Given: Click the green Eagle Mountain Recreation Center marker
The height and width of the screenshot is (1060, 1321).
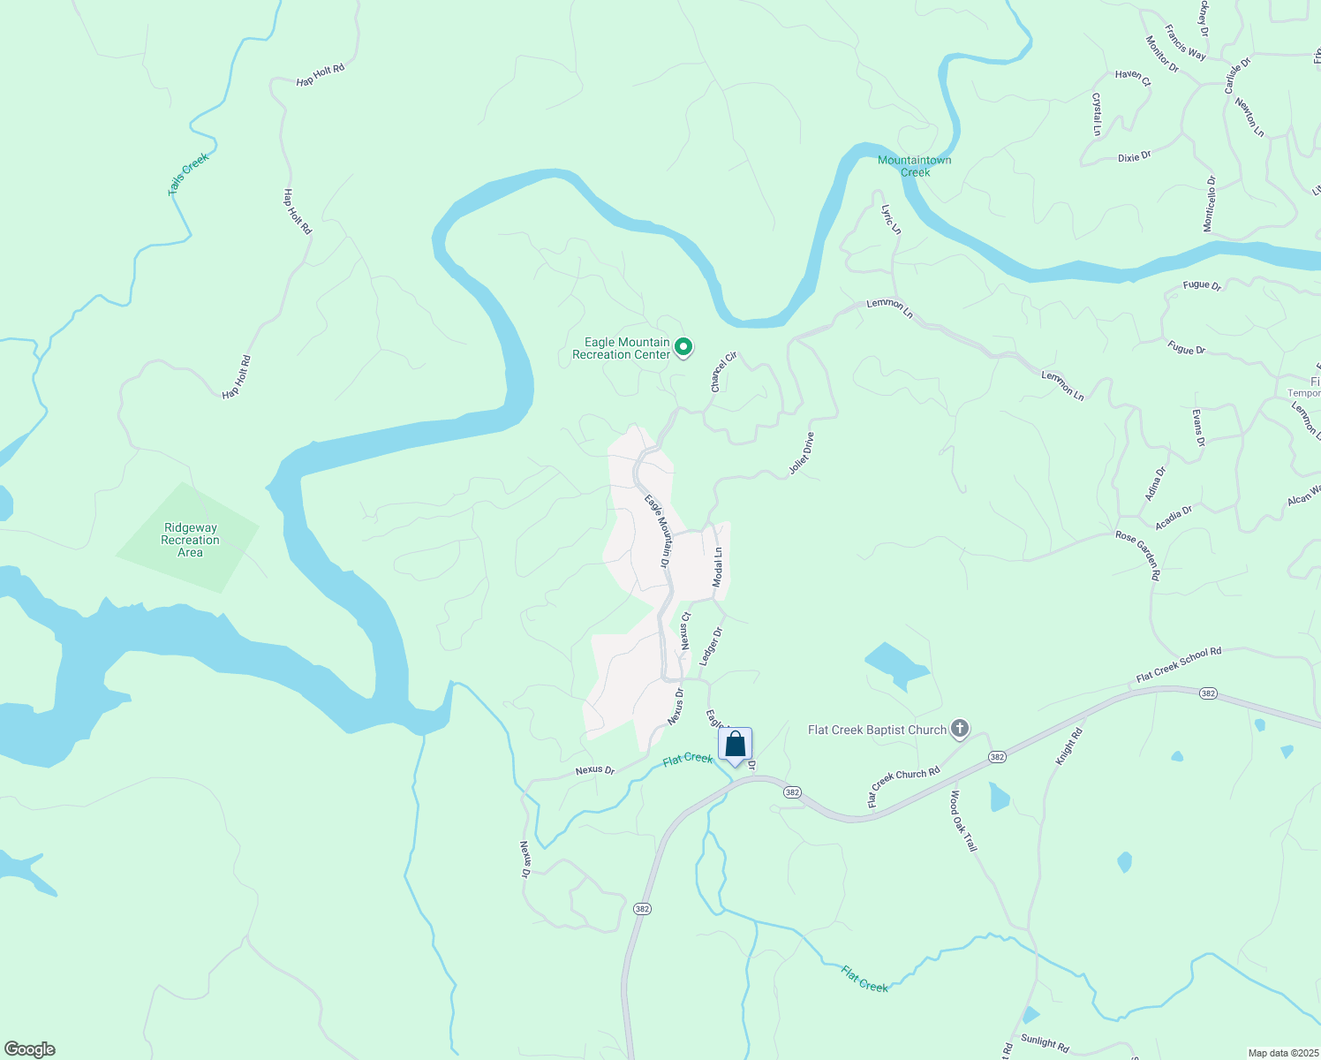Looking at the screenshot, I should [x=683, y=348].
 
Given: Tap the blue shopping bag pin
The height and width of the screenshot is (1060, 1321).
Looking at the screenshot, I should [x=735, y=746].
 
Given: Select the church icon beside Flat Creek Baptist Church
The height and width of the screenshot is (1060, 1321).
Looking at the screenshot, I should [x=960, y=730].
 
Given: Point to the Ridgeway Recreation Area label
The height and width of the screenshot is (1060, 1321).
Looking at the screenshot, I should [x=190, y=540].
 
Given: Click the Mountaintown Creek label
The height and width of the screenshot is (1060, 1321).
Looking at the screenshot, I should [x=915, y=166].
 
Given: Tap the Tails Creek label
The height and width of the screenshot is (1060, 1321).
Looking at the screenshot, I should [x=188, y=174].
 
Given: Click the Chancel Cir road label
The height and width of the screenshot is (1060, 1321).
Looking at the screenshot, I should [x=723, y=372].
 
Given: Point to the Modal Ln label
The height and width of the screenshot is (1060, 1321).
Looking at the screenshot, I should [x=718, y=567].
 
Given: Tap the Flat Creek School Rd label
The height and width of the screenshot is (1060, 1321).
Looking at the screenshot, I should [x=1178, y=664].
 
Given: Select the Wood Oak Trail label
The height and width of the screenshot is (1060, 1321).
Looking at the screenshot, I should [x=963, y=821].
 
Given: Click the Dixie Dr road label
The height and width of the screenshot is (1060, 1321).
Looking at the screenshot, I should [x=1134, y=156].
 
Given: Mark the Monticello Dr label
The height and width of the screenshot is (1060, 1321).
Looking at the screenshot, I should [x=1209, y=204].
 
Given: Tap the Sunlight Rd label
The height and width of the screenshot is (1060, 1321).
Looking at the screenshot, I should [x=1045, y=1042].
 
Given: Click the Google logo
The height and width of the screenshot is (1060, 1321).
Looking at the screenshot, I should [x=29, y=1049].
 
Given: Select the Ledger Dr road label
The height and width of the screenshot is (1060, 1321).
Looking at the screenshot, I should [x=711, y=646].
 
